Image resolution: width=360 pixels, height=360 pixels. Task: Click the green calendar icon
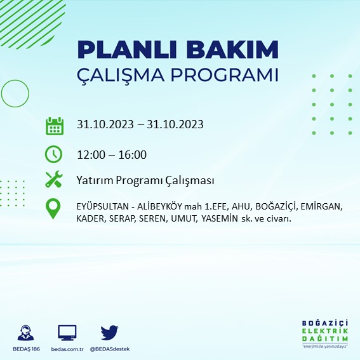click(x=54, y=125)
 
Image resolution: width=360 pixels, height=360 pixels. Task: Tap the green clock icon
click(x=54, y=154)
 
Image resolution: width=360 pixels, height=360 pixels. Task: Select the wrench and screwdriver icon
click(x=54, y=180)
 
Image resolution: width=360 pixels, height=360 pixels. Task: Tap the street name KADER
click(x=91, y=218)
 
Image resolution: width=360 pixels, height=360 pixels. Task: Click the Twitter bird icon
click(x=110, y=332)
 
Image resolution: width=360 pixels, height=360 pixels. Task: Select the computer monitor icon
click(x=67, y=332)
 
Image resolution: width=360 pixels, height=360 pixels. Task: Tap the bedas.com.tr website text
click(x=67, y=349)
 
